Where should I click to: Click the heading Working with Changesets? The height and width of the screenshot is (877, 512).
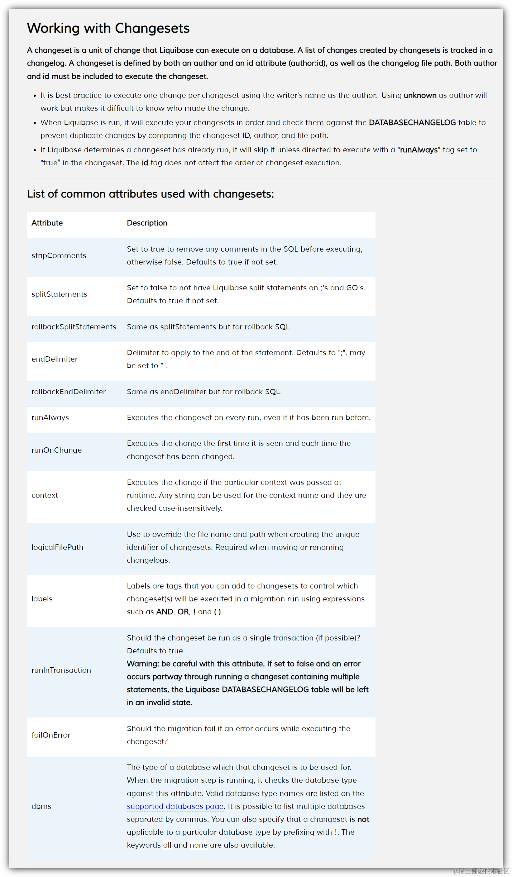pos(108,28)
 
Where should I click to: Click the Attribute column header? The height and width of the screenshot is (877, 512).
pos(47,223)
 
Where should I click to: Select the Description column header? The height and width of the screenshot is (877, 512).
pos(147,223)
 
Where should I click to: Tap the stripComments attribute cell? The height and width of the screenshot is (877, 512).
pos(59,256)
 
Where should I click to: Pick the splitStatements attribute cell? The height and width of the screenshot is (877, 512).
pos(59,294)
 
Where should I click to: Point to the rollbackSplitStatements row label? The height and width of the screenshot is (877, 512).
pos(74,327)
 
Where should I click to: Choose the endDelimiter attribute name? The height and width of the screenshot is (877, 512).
pos(54,359)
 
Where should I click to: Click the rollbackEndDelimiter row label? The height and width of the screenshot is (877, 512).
pos(68,392)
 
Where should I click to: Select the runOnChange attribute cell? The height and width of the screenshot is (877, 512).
pos(57,450)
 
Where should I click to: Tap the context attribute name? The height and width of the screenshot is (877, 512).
pos(45,495)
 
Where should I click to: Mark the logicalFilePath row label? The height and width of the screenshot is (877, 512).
pos(57,547)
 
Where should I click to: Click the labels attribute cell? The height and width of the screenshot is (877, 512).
pos(42,599)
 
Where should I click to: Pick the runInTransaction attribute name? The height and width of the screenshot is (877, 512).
pos(61,670)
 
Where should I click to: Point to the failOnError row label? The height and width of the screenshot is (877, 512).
pos(51,735)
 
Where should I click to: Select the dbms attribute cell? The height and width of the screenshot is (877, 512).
pos(42,806)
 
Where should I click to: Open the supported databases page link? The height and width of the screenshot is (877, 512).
pos(175,806)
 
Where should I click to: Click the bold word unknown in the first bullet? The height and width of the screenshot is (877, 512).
pos(420,95)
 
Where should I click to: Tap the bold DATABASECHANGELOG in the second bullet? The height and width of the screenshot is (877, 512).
pos(412,123)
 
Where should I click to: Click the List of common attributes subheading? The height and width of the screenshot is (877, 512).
pos(150,194)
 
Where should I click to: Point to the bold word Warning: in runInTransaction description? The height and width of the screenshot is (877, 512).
pos(143,664)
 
